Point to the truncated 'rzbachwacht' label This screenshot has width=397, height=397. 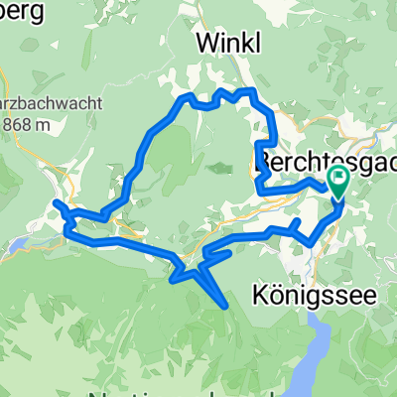(x=34, y=104)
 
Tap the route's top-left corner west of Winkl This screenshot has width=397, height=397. (x=184, y=97)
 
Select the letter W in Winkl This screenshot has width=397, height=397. (x=205, y=43)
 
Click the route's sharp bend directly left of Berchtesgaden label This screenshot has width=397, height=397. (x=259, y=149)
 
